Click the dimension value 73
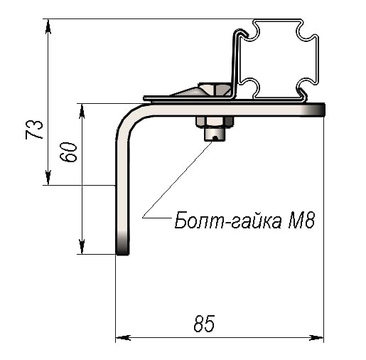click(34, 129)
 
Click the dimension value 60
click(68, 152)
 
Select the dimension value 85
click(204, 324)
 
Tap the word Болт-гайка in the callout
click(228, 221)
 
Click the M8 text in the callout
click(301, 221)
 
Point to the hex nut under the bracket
click(215, 122)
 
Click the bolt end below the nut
click(215, 134)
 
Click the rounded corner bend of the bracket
click(129, 121)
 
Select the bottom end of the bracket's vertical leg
click(122, 254)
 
